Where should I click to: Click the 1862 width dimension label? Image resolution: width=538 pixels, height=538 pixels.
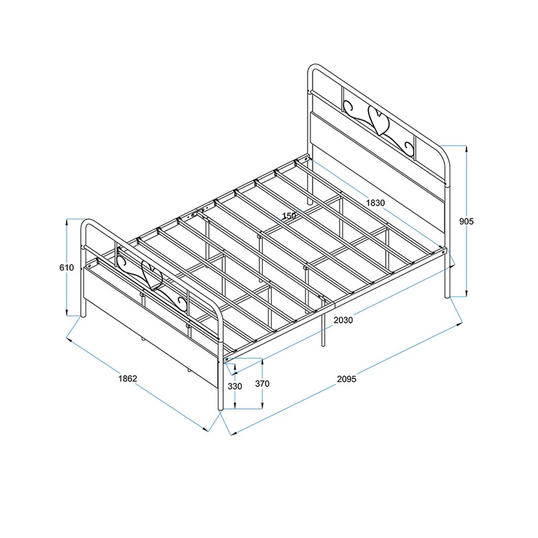point(128,379)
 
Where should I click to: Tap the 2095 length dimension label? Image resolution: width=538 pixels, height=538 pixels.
point(346,379)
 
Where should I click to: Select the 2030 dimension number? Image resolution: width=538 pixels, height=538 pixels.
point(343,320)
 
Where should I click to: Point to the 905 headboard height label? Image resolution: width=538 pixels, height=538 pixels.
point(466,221)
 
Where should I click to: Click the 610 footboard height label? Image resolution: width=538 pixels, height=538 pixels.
point(67,267)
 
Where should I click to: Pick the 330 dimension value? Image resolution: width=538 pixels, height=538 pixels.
point(235,386)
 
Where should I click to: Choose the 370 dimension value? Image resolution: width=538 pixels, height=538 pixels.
point(262,383)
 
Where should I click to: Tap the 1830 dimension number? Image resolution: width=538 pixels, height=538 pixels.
point(375,203)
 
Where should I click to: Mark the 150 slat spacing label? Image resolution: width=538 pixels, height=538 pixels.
point(289,216)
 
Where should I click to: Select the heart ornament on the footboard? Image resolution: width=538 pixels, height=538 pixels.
point(152,275)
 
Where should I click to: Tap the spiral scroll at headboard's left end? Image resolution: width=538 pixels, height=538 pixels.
point(348,107)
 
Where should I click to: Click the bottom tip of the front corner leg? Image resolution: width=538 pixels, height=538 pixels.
point(221,410)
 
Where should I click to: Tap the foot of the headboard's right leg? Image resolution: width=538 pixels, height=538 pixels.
point(447,296)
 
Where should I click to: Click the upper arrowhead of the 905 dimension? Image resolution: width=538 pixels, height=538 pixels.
point(466,148)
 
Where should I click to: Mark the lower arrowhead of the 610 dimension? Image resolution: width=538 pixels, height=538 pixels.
point(67,313)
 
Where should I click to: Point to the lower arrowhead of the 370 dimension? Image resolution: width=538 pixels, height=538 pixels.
point(262,406)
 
